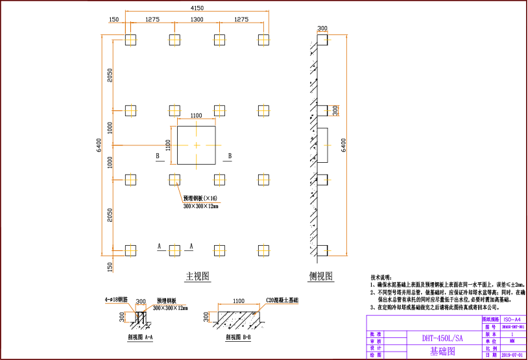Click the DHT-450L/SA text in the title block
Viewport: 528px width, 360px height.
click(x=442, y=338)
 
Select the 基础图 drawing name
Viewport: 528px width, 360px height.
click(x=442, y=352)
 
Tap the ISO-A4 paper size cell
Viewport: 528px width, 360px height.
click(x=512, y=319)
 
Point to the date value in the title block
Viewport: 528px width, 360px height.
click(x=512, y=355)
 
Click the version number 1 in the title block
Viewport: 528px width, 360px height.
click(x=512, y=334)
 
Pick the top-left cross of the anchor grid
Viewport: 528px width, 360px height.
click(x=131, y=40)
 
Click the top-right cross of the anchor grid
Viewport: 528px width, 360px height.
click(x=263, y=40)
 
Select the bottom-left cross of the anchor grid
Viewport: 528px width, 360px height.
click(x=131, y=250)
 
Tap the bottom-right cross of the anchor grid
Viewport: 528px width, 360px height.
click(x=263, y=250)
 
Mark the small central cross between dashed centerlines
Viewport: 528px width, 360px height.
click(x=197, y=145)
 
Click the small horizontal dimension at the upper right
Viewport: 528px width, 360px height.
click(x=322, y=31)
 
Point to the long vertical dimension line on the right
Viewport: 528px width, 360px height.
click(x=347, y=145)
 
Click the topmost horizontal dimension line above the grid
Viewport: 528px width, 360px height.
click(x=197, y=11)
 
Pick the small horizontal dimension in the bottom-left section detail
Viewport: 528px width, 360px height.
click(x=141, y=304)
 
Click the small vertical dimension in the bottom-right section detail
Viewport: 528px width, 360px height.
click(x=210, y=317)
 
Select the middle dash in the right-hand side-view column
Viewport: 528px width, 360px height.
click(x=328, y=145)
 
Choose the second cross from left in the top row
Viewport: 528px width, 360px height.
click(x=174, y=40)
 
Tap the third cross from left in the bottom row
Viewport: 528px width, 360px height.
click(x=219, y=250)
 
